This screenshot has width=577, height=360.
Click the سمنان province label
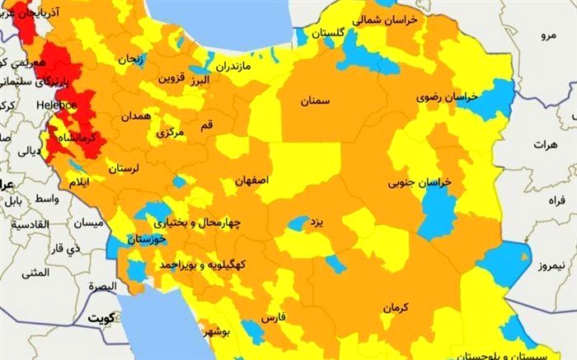[x=315, y=101]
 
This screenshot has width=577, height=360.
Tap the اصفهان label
[x=251, y=180]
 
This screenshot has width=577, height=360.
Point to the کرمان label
[x=396, y=306]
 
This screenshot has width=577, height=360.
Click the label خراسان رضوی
[x=450, y=97]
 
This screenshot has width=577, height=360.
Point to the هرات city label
[x=546, y=144]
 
